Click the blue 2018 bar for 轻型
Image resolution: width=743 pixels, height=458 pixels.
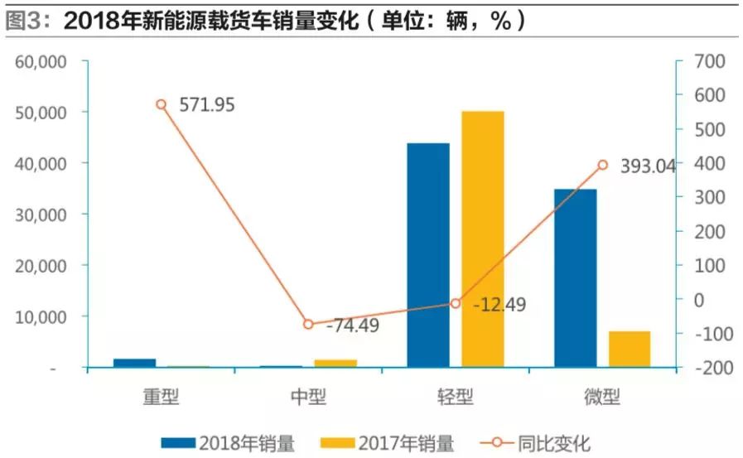coord(428,255)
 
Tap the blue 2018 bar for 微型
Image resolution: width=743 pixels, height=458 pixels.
coord(576,278)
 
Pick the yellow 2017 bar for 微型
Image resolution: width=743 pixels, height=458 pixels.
coord(630,349)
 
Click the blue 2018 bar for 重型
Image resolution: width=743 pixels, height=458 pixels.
coord(134,363)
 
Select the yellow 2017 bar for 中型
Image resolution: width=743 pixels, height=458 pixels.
coord(335,363)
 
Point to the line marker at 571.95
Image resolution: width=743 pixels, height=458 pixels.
coord(162,104)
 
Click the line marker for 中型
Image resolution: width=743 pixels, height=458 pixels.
coord(308,324)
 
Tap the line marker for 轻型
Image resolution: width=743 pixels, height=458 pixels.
coord(456,303)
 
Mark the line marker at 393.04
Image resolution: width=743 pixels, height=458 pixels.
coord(602,165)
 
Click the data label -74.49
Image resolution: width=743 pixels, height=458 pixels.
coord(353,325)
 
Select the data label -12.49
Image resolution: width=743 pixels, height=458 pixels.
coord(499,305)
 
